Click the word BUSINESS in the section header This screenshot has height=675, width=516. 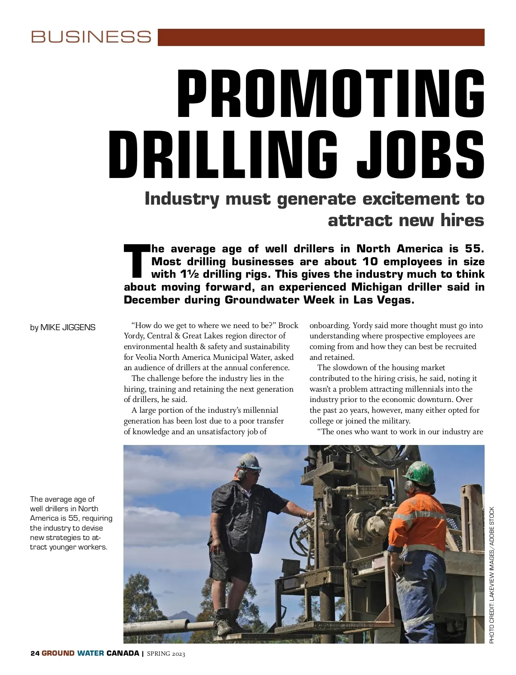[x=91, y=37]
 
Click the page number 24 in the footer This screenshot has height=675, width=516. [x=35, y=654]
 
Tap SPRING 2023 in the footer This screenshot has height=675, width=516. [x=166, y=654]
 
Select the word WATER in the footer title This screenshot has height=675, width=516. [x=90, y=654]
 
